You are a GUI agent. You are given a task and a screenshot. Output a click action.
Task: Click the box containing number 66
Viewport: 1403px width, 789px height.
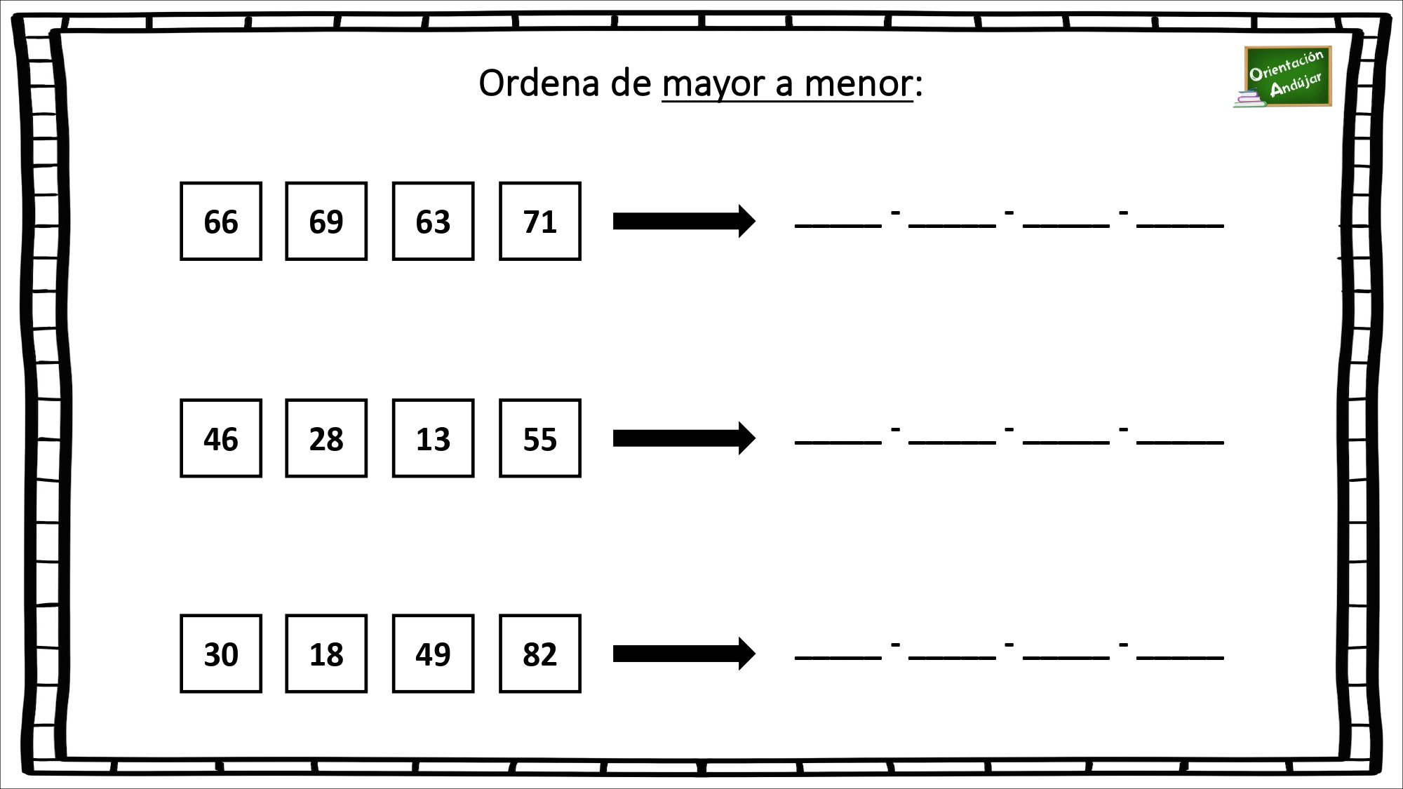[221, 221]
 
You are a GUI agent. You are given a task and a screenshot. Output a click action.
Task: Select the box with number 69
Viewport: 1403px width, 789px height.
[326, 221]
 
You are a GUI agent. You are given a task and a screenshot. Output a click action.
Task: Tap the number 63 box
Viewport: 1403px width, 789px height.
[433, 221]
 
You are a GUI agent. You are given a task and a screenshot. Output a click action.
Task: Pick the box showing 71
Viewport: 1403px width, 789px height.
[540, 221]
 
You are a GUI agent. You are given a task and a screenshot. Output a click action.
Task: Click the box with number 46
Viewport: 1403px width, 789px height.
[221, 438]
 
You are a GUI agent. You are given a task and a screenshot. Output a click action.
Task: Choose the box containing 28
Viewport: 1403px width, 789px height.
[326, 438]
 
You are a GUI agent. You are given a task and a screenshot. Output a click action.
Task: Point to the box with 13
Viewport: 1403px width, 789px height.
[433, 438]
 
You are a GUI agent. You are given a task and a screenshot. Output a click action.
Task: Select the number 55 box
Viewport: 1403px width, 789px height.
[540, 438]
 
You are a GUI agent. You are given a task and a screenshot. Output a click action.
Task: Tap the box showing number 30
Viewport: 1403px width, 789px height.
[221, 654]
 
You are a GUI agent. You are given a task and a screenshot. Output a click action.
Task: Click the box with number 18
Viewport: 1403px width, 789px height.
[326, 654]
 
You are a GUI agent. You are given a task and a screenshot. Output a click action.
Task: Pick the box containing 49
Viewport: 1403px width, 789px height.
[433, 654]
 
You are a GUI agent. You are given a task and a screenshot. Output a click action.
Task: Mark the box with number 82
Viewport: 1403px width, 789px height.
[540, 654]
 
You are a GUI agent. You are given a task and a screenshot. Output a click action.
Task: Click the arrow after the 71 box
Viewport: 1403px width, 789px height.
[684, 221]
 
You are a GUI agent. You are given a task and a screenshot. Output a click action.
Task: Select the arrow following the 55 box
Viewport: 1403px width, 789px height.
[684, 438]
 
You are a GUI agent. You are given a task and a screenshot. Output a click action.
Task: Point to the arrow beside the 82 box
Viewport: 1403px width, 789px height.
[684, 654]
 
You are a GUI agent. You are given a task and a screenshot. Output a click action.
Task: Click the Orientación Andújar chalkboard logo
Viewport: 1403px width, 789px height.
[1283, 77]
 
